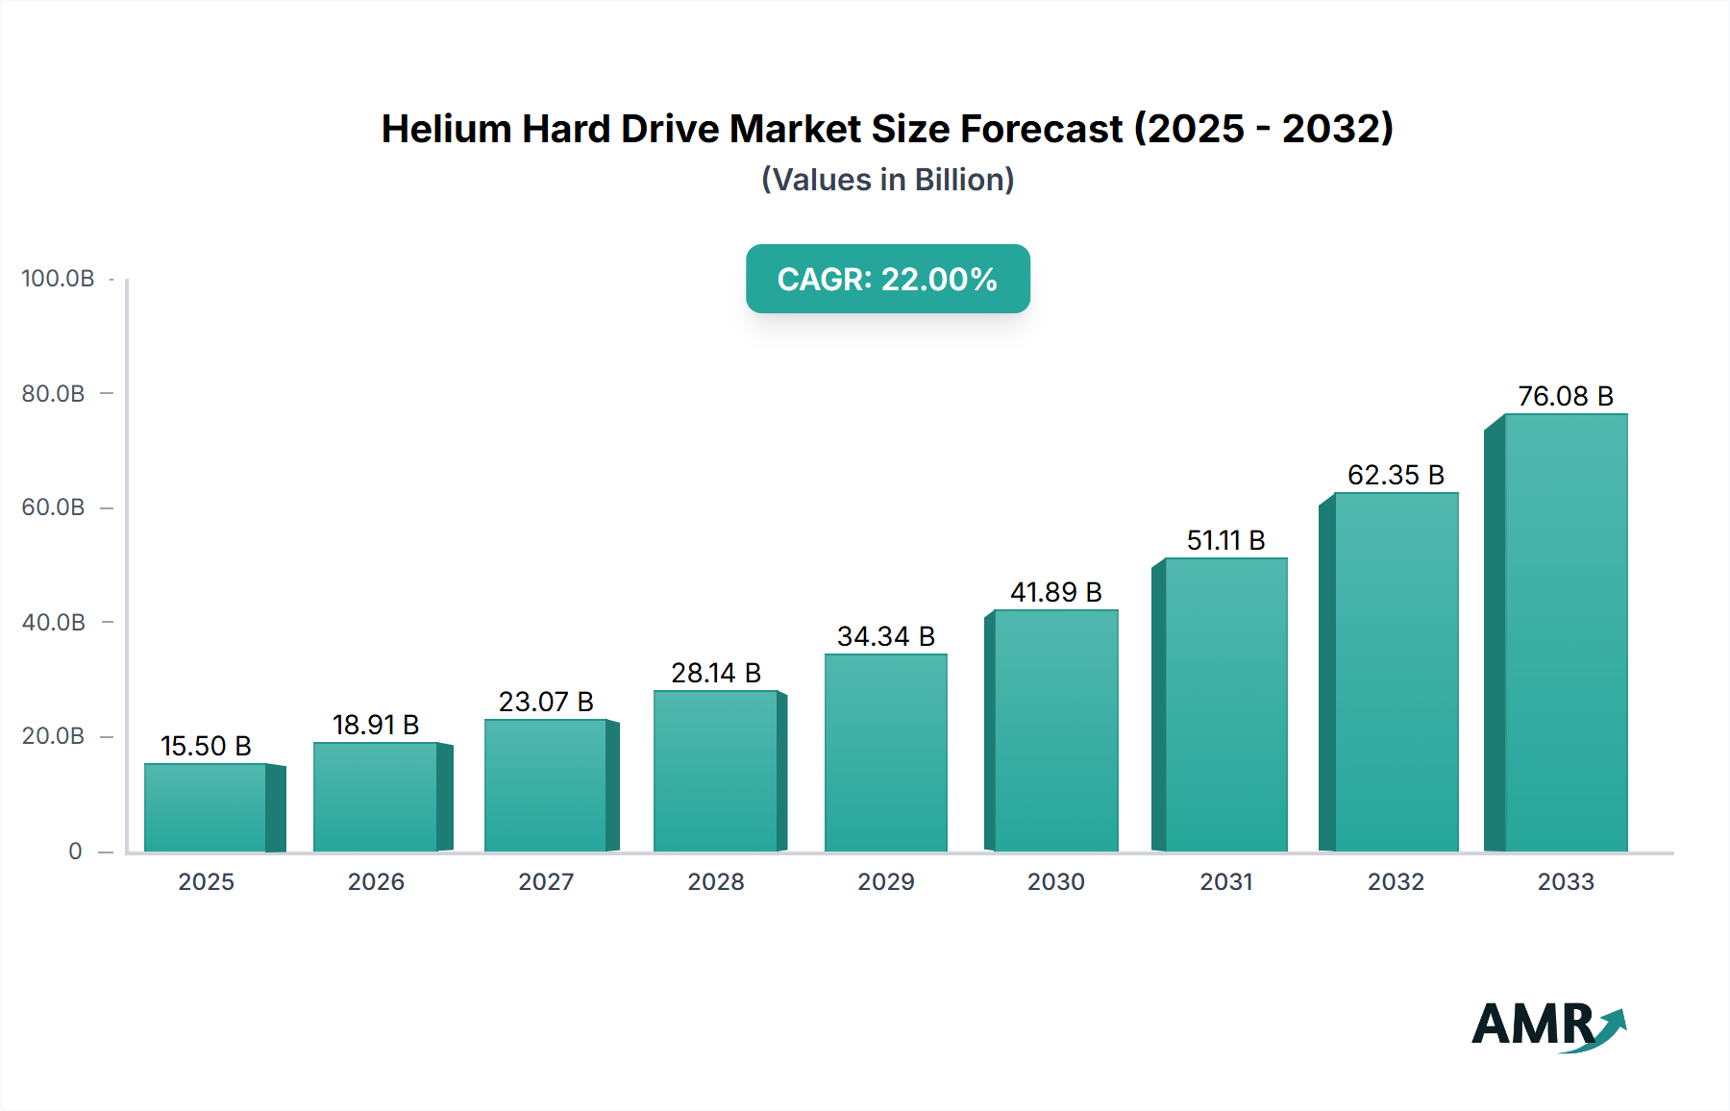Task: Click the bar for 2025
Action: point(206,807)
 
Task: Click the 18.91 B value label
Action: point(376,725)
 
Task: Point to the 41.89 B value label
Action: point(1055,592)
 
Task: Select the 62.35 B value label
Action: point(1396,475)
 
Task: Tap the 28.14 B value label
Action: point(716,673)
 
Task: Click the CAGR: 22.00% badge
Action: point(887,279)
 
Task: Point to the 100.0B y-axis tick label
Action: point(58,279)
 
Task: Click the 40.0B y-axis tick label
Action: point(54,623)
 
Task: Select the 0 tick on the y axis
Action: point(75,852)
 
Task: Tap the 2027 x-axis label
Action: point(546,882)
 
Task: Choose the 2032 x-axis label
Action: point(1396,882)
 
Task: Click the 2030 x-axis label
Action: point(1055,882)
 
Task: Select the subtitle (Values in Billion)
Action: point(887,180)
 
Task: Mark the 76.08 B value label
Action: point(1565,396)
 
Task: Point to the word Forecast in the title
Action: point(1041,129)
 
